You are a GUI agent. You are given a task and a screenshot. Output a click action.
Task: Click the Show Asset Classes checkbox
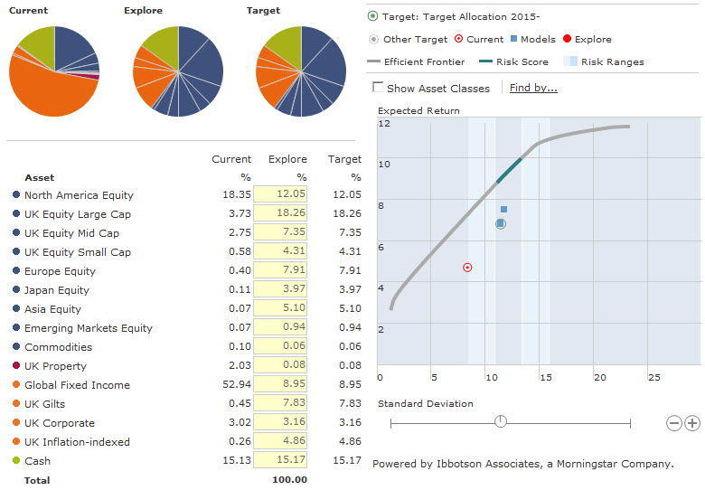coord(378,88)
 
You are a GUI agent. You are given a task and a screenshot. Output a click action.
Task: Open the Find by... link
coord(533,88)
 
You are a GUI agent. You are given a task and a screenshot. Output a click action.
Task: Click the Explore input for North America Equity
coord(281,194)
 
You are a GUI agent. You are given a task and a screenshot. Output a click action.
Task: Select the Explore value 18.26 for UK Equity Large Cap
coord(281,213)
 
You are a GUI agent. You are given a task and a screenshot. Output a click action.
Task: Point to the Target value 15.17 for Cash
coord(346,461)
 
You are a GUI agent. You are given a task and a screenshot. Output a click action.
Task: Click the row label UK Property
coord(55,366)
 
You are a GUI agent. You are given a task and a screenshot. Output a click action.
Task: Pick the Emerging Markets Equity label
coord(89,328)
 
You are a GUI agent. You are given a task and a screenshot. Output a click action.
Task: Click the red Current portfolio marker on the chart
coord(467,268)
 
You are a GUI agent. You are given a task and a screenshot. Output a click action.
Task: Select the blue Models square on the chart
coord(503,210)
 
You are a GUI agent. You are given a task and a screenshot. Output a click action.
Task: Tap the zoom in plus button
coord(692,422)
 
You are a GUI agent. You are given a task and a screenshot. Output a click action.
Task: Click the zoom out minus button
coord(673,422)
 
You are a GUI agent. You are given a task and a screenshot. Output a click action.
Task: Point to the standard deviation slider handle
coord(501,421)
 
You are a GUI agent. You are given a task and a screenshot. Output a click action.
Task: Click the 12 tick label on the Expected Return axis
coord(383,123)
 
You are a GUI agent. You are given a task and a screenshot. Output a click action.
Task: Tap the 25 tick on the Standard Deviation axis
coord(654,376)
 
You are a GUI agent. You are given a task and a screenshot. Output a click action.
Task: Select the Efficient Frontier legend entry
coord(423,62)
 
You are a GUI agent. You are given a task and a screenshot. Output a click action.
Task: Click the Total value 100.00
coord(289,480)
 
